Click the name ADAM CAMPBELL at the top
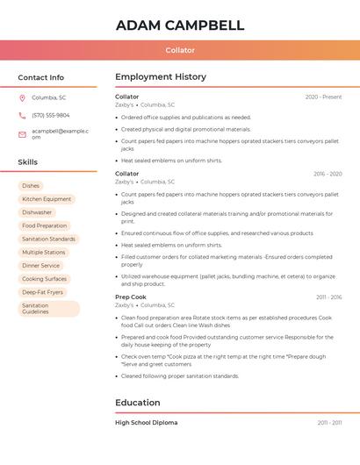[x=180, y=25]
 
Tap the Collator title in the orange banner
[x=180, y=50]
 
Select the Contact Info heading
[x=40, y=77]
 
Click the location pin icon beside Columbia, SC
[x=22, y=97]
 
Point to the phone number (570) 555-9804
[x=50, y=115]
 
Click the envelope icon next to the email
[x=22, y=133]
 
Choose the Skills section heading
[x=27, y=162]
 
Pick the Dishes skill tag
[x=31, y=186]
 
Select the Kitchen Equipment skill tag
[x=47, y=199]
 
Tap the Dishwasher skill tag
[x=37, y=212]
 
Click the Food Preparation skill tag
[x=44, y=225]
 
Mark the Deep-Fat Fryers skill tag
[x=42, y=292]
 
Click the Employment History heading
[x=161, y=77]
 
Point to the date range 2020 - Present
[x=323, y=97]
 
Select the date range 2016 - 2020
[x=328, y=174]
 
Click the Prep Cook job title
[x=130, y=297]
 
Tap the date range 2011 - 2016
[x=329, y=297]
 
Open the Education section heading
[x=138, y=403]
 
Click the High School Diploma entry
[x=146, y=423]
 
